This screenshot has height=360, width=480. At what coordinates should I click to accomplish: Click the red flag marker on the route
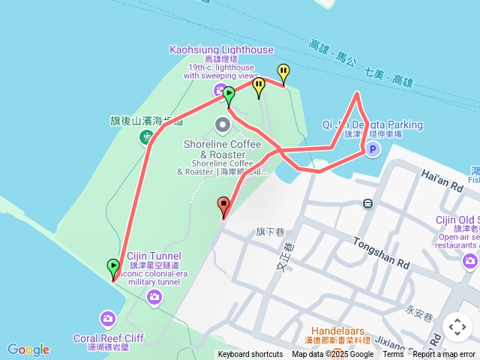coord(223,204)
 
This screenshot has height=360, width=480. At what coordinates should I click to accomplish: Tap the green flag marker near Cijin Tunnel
coord(113,266)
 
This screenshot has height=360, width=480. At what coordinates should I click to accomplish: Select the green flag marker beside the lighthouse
coord(229,94)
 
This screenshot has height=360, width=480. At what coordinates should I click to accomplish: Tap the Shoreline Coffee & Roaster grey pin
coord(223,124)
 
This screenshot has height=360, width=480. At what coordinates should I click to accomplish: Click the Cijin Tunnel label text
coord(154,256)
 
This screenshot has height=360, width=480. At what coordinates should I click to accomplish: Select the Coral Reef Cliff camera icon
coord(107,320)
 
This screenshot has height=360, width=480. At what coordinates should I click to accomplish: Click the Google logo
coord(28,349)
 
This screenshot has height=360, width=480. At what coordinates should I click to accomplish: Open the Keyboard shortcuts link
coord(250,355)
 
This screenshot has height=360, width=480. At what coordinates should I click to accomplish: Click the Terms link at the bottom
coord(393,355)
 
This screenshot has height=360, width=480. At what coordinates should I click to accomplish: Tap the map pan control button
coord(457,327)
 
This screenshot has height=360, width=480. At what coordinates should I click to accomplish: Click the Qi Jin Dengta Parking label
coord(372,124)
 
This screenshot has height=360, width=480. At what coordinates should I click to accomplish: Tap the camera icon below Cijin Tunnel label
coord(154,298)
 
